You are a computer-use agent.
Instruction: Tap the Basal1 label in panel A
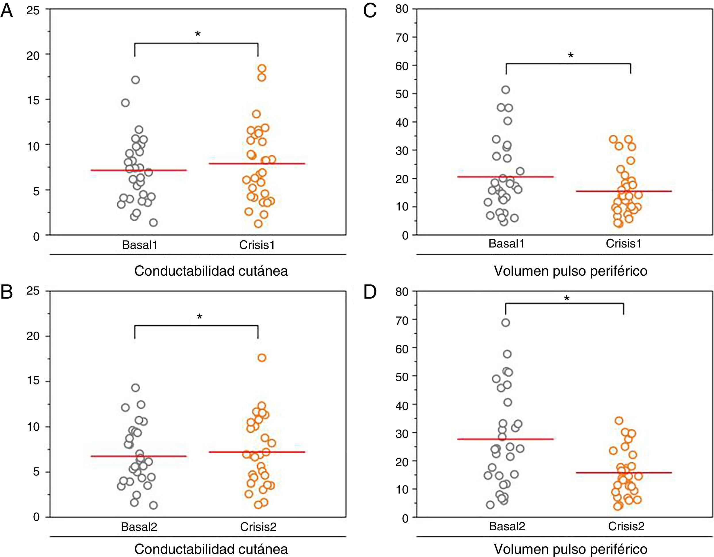point(139,245)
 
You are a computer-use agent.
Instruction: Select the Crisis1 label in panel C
point(623,243)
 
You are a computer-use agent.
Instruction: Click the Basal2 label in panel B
point(139,527)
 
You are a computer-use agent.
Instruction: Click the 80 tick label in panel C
point(402,9)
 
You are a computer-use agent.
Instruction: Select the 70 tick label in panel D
point(402,320)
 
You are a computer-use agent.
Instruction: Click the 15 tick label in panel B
point(33,381)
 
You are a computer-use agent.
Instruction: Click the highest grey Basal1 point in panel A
point(136,80)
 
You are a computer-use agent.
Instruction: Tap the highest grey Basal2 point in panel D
point(506,323)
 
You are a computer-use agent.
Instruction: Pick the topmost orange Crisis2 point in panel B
point(262,357)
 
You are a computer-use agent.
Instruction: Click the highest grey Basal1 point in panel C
point(506,90)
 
